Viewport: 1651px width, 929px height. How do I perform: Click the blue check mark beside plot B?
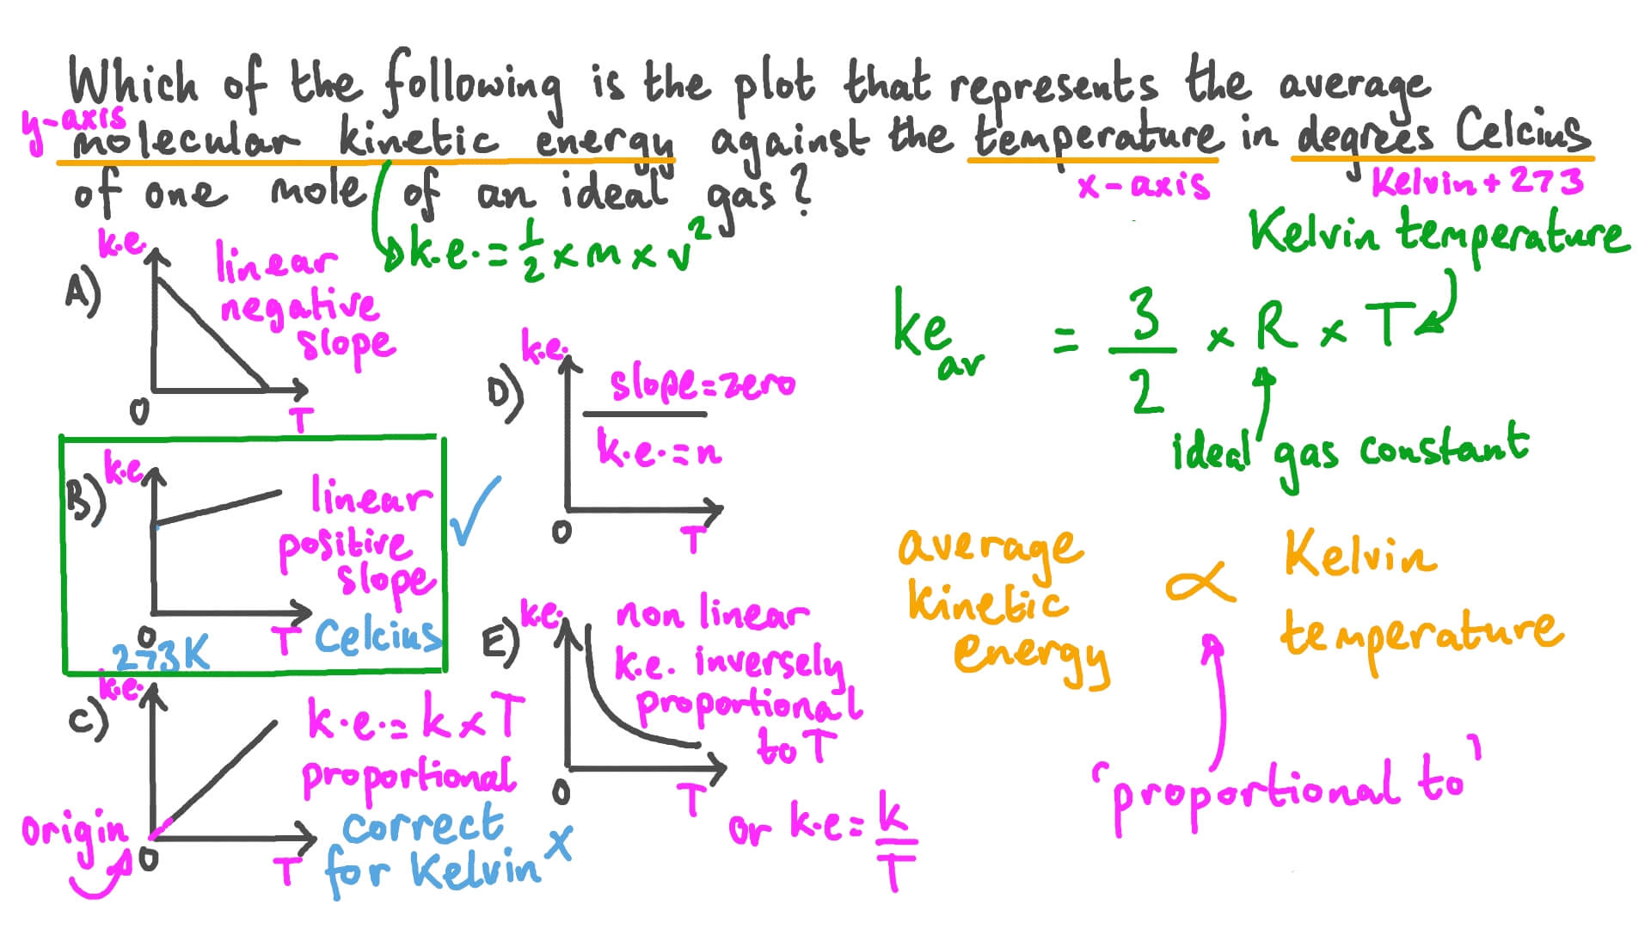pos(474,512)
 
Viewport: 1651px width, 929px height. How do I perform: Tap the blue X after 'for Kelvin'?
pos(560,843)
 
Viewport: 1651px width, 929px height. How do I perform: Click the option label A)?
pos(83,292)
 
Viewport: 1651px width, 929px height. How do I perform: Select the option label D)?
pos(505,395)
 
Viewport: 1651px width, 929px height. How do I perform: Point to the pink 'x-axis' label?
pos(1144,186)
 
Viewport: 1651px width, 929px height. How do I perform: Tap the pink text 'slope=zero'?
pos(702,385)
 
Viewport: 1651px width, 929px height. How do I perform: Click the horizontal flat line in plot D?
pos(644,415)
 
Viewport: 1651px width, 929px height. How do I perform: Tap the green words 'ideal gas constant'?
pos(1350,452)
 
